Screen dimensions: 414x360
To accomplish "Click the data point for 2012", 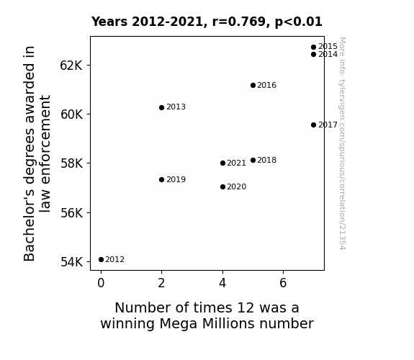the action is tap(101, 260).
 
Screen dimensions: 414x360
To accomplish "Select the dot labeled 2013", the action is tap(161, 107).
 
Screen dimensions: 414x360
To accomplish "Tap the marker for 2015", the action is tap(313, 48).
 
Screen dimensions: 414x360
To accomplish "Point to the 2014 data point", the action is tap(313, 55).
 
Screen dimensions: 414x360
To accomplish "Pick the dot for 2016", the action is tap(253, 85).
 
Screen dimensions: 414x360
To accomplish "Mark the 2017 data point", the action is tap(313, 125).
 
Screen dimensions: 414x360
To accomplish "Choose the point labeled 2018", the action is tap(253, 160).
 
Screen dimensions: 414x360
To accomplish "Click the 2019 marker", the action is tap(161, 179).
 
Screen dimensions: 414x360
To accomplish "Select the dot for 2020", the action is tap(222, 187).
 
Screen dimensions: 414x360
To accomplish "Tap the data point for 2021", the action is tap(222, 163).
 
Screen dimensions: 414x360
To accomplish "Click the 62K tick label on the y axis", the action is tap(71, 66).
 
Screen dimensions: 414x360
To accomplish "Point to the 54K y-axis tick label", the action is tap(71, 262).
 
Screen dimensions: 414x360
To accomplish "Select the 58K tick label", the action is tap(71, 163).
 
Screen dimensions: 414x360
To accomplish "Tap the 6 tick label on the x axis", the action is tap(283, 283).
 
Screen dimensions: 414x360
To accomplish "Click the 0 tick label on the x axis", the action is tap(101, 283).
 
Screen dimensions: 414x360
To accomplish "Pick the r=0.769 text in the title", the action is tap(240, 22).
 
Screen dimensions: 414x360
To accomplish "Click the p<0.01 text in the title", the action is tap(299, 22).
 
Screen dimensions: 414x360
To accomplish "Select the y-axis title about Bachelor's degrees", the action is tap(37, 153).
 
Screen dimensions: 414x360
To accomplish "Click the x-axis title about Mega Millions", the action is tap(207, 315).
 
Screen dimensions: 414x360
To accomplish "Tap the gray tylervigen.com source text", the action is tap(343, 143).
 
